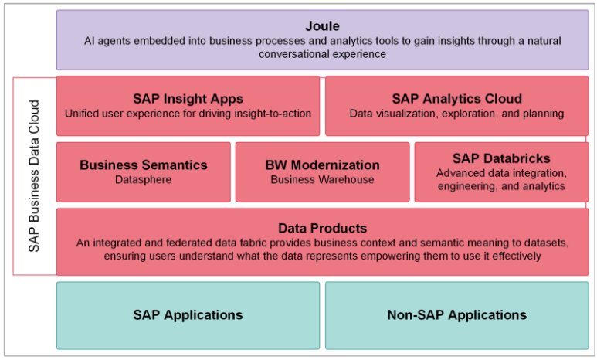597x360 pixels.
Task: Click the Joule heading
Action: (x=322, y=26)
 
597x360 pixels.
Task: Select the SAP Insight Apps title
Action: (x=188, y=99)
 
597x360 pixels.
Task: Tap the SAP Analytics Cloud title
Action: (x=457, y=99)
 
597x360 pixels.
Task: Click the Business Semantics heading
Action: (x=144, y=165)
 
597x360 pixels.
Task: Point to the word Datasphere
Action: (x=143, y=179)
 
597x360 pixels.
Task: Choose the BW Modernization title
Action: (x=323, y=165)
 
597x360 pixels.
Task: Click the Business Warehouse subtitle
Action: (x=323, y=179)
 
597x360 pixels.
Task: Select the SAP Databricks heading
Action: (x=501, y=158)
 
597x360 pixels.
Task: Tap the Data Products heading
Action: (x=323, y=228)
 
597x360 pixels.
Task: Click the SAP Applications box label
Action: (x=188, y=315)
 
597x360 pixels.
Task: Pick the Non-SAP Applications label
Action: (x=457, y=315)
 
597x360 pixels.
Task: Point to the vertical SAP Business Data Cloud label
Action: (x=34, y=176)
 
